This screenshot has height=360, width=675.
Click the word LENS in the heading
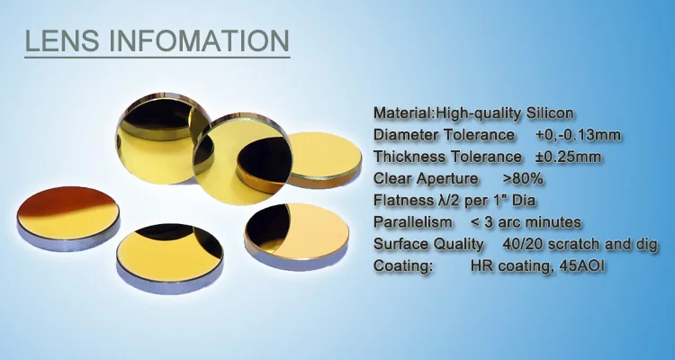coord(61,41)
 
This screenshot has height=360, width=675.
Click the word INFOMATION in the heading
coord(199,41)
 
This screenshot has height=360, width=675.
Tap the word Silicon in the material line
coord(550,113)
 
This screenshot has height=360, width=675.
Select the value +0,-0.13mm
coord(578,135)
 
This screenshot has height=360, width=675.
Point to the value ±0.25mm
coord(568,157)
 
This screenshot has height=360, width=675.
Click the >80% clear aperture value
coord(523,179)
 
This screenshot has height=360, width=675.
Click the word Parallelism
coord(413,222)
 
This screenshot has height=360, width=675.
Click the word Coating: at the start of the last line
coord(403,266)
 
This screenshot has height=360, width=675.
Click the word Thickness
coord(409,157)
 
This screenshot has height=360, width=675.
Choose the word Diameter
coord(406,135)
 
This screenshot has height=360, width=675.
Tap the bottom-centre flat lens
coord(169,257)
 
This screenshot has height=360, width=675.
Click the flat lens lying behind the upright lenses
coord(324,160)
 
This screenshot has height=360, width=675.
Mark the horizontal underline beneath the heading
coord(157,57)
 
